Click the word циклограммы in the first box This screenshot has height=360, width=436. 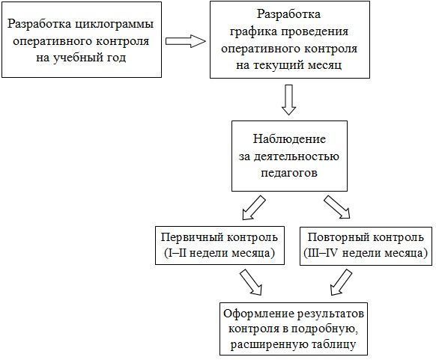[115, 24]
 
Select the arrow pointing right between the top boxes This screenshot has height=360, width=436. [186, 41]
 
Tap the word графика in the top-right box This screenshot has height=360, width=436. [253, 31]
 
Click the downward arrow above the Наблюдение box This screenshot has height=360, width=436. [289, 100]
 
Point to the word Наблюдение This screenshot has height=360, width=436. [289, 139]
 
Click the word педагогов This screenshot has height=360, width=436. [289, 173]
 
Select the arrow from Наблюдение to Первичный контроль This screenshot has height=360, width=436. [254, 208]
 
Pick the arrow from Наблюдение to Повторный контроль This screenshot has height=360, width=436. [336, 207]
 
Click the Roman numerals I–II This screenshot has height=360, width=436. [175, 253]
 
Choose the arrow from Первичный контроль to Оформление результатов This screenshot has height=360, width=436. [251, 281]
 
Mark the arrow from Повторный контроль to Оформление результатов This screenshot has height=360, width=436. [341, 282]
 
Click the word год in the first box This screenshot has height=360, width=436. [115, 58]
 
